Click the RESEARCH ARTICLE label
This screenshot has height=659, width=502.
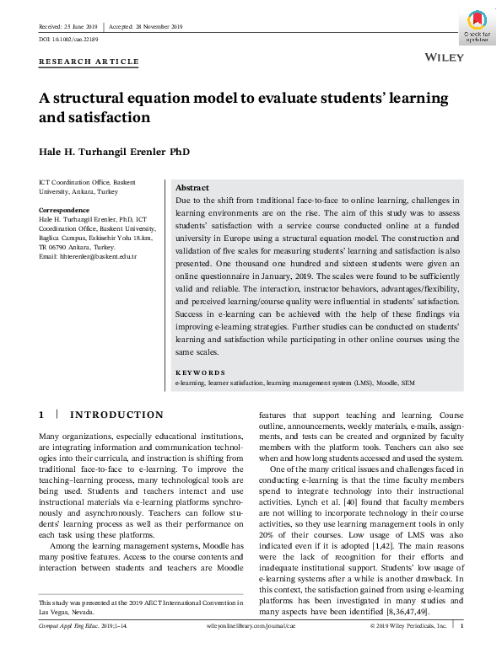pyautogui.click(x=89, y=62)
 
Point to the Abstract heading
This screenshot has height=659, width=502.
pyautogui.click(x=192, y=187)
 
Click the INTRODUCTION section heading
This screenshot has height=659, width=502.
pyautogui.click(x=116, y=415)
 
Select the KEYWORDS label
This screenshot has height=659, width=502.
pyautogui.click(x=200, y=372)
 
